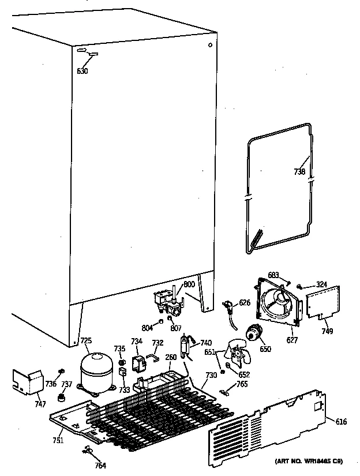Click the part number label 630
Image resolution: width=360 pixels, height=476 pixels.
(82, 72)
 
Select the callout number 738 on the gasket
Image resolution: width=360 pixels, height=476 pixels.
(299, 171)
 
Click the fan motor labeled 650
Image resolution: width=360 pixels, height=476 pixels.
(253, 333)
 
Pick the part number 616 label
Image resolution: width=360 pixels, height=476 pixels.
(342, 422)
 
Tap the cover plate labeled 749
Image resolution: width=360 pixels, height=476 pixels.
(322, 302)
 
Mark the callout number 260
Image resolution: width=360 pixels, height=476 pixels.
(170, 357)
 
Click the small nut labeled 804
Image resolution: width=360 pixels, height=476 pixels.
(160, 321)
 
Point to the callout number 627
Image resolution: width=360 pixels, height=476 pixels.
(292, 340)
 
